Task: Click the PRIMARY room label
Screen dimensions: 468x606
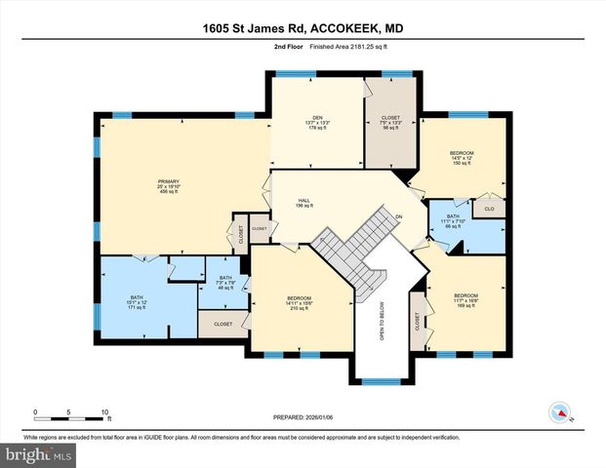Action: tap(156, 181)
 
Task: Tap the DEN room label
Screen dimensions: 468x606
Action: tap(317, 117)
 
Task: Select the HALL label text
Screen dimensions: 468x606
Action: tap(304, 200)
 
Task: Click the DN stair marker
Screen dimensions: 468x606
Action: tap(398, 216)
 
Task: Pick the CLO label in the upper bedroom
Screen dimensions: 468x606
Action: tap(489, 208)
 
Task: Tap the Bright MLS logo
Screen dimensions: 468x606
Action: tap(38, 454)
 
